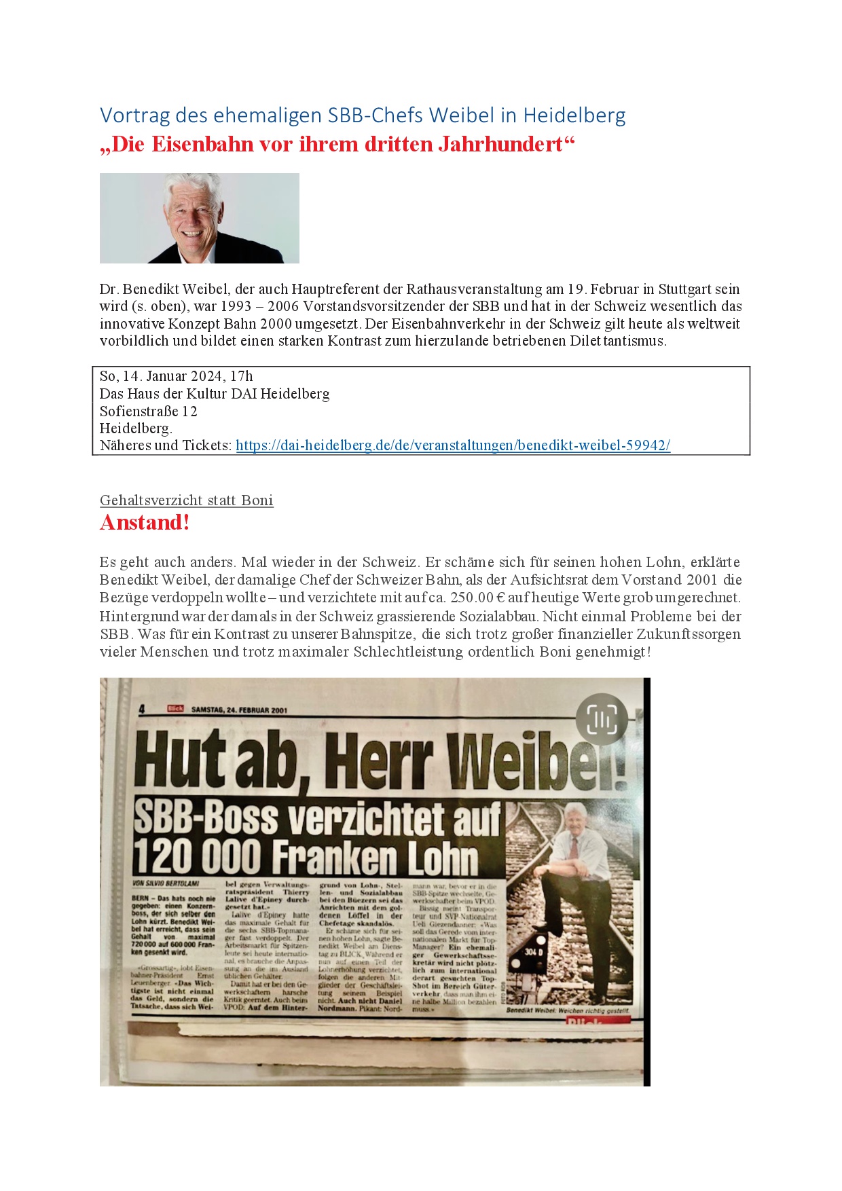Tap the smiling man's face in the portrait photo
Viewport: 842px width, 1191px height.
189,217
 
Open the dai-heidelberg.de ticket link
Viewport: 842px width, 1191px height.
453,445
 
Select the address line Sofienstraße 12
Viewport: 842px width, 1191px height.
148,411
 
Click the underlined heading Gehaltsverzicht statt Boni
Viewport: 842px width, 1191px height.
186,500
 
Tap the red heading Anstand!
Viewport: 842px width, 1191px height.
145,523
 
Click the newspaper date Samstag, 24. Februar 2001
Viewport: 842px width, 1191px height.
239,710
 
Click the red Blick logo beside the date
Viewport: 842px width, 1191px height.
176,709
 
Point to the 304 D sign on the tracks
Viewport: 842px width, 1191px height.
533,952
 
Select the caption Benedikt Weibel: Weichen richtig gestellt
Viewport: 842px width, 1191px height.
567,1011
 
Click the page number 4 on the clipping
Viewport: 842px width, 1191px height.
142,710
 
